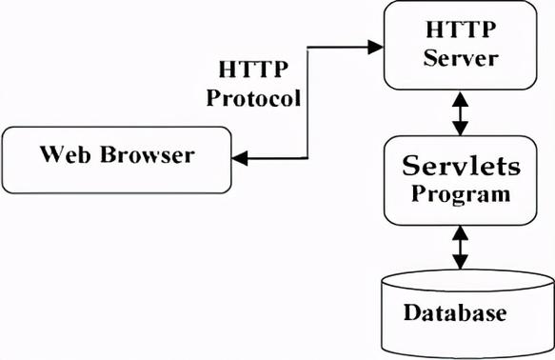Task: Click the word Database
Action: point(454,313)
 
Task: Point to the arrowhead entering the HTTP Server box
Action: point(375,44)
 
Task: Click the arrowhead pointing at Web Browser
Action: point(241,159)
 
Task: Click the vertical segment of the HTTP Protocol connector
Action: point(309,101)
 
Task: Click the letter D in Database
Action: point(410,313)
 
